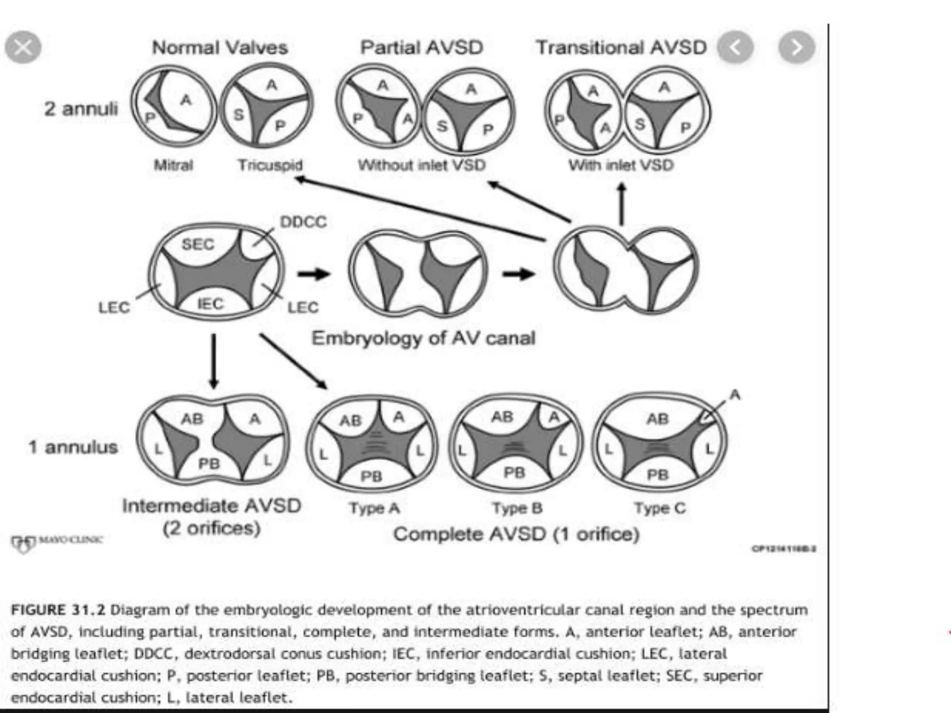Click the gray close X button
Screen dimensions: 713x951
coord(23,47)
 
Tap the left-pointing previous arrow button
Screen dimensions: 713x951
coord(735,47)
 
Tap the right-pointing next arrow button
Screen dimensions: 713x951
coord(797,47)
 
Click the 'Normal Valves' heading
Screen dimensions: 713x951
coord(220,47)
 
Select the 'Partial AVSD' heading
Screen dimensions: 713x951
coord(422,47)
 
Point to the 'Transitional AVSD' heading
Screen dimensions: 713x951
coord(621,47)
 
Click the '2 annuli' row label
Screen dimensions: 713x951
coord(81,109)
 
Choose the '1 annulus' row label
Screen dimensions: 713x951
coord(73,447)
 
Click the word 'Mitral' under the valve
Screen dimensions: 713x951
coord(173,165)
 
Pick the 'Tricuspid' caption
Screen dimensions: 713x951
coord(270,165)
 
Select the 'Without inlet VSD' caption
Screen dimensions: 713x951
coord(422,165)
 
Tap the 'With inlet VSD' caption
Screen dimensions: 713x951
coord(621,165)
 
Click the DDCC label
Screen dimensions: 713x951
coord(303,222)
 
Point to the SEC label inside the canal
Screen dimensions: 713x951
coord(198,244)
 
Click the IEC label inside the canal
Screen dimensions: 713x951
coord(210,304)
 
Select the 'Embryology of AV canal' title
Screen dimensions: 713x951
coord(423,338)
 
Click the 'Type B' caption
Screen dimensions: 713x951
coord(517,508)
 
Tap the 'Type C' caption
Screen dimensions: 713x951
coord(660,508)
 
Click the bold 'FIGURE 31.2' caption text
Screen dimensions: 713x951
coord(59,609)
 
